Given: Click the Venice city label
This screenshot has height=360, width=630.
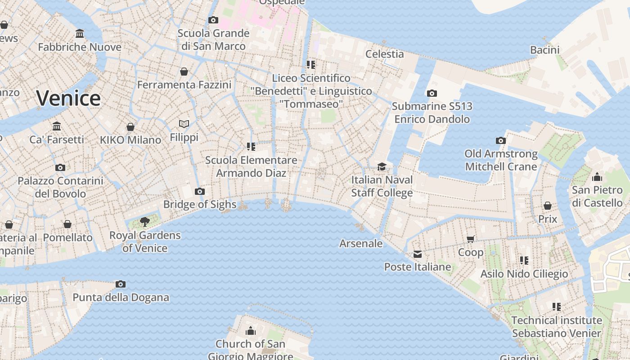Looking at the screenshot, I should coord(68,98).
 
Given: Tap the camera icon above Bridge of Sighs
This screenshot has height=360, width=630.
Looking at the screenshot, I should coord(200,192).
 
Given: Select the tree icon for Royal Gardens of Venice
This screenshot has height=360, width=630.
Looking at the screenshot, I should coord(144,221).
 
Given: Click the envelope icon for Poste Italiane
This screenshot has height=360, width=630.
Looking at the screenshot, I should coord(418,254).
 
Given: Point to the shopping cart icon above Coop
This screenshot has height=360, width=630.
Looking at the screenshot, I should coord(471,239).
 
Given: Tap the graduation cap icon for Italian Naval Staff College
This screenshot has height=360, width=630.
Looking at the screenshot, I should coord(382,166).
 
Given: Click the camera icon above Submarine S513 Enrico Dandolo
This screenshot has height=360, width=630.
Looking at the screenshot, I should coord(432,94).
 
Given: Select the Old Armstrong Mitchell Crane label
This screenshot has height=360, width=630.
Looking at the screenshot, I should coord(501,160).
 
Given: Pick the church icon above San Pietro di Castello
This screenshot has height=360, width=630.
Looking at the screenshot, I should coord(597,176).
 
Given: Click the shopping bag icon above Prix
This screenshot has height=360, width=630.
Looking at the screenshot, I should coord(548,206).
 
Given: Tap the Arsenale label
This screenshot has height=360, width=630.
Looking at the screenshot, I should coord(361,243).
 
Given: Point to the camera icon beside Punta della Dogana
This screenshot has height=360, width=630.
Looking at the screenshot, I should coord(120,284).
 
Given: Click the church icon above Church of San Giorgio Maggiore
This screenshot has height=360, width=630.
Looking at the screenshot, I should coord(251,331).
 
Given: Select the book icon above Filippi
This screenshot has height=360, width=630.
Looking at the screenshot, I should coord(184,124).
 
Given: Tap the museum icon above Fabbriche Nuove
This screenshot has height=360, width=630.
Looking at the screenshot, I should coord(80,34).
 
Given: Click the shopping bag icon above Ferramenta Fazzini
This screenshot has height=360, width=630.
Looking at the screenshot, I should coord(184,72).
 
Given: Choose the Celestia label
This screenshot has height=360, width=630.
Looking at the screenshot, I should coord(384,54).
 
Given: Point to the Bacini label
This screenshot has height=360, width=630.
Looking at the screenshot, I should coord(544,50).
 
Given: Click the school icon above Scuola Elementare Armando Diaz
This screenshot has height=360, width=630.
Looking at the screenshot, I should coord(251,147).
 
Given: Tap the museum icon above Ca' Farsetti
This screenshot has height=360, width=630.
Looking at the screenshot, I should coord(57,126).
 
